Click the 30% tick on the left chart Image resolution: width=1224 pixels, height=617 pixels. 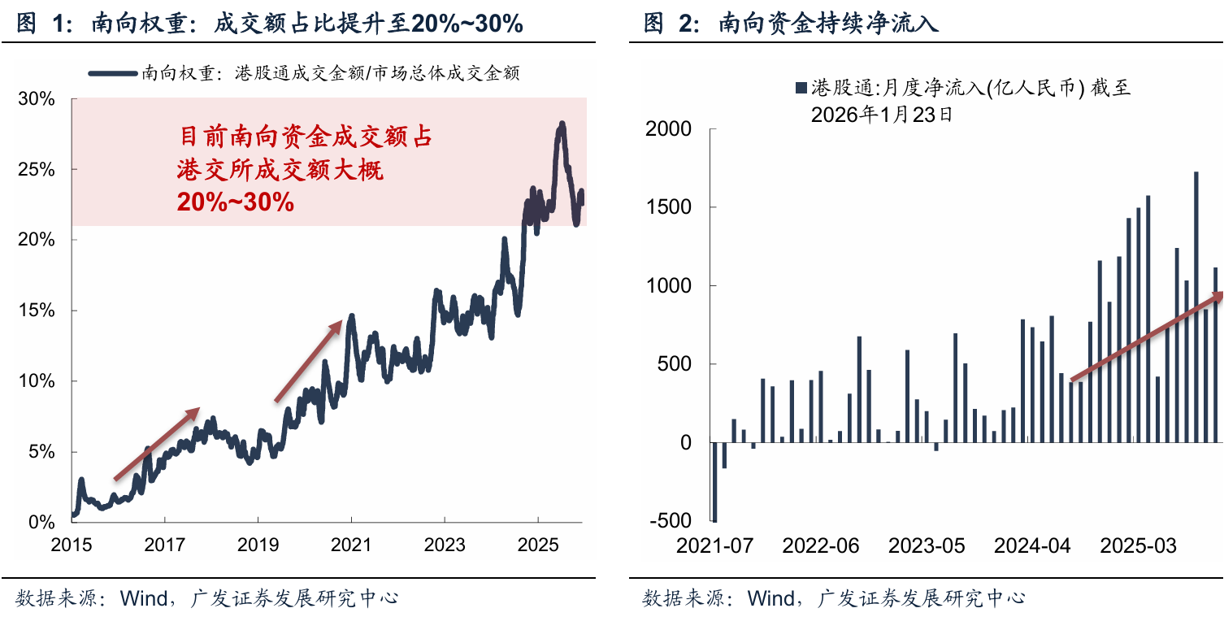(35, 99)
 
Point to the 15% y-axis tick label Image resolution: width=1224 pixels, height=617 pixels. (35, 311)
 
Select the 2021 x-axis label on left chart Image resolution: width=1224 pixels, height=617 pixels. (351, 544)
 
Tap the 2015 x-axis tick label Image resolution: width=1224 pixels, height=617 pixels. (71, 544)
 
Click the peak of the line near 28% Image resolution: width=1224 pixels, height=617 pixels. (562, 124)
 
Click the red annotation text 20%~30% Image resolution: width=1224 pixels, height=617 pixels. (235, 202)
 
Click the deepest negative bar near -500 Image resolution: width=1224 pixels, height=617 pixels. (715, 482)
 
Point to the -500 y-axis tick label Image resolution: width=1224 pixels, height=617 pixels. (671, 520)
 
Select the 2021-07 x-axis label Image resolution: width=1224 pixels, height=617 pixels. (714, 545)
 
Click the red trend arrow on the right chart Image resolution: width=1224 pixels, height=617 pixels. (1146, 336)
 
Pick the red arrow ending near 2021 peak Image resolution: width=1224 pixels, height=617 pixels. (310, 360)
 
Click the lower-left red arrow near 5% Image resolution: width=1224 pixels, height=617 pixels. (156, 444)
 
